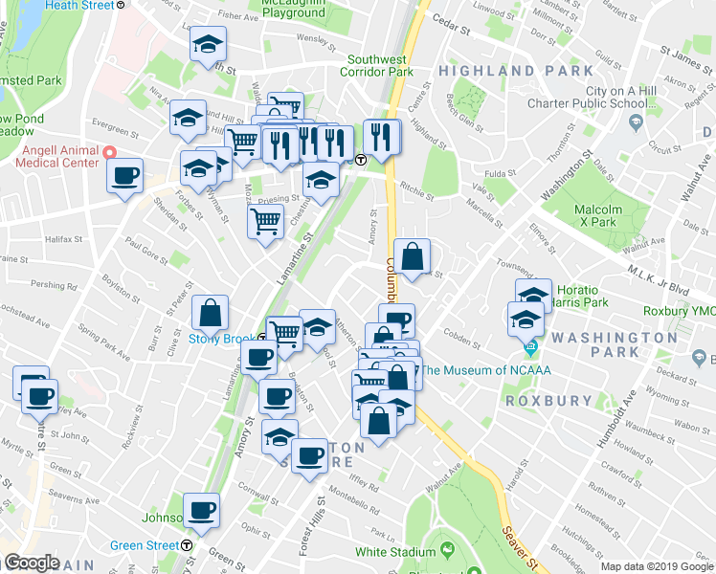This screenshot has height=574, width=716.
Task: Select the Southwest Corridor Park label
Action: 380,65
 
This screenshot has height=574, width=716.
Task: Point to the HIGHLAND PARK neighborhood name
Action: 501,72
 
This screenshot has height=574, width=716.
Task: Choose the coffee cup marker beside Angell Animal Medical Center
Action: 124,177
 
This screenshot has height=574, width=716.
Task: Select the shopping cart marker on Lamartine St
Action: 265,223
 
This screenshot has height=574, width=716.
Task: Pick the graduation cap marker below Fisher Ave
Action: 208,46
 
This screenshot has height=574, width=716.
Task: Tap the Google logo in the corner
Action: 32,563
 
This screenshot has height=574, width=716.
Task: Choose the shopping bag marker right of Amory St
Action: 412,257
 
